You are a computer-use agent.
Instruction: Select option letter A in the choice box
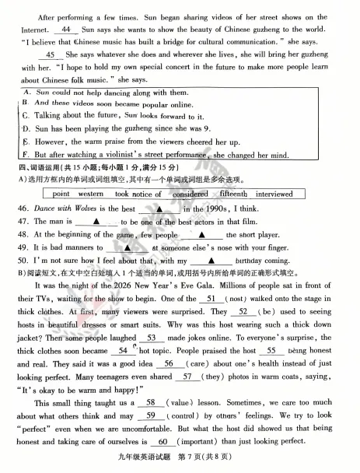(x=25, y=92)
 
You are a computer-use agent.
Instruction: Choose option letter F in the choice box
(x=25, y=154)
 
